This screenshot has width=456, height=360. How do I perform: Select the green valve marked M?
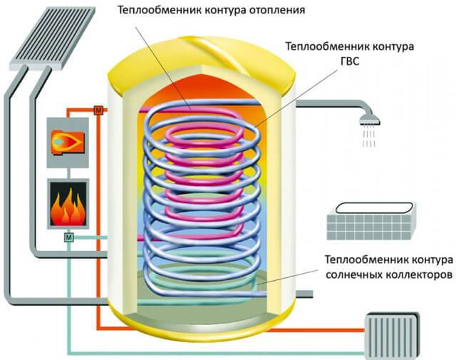(69, 236)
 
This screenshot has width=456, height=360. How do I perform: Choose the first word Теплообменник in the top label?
(147, 11)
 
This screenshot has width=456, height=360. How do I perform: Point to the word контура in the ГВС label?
(393, 46)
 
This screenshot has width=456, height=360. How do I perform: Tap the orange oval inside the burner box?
(65, 140)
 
